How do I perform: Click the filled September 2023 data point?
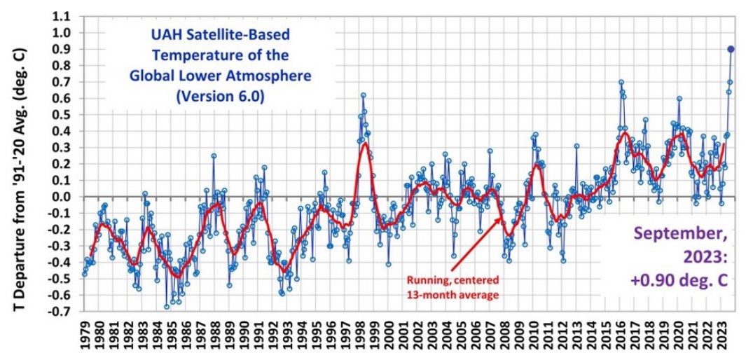731,49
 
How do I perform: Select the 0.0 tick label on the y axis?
63,197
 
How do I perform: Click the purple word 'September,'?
691,237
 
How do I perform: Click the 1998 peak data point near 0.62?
364,95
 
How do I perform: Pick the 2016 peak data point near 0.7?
621,82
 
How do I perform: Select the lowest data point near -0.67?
167,307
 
